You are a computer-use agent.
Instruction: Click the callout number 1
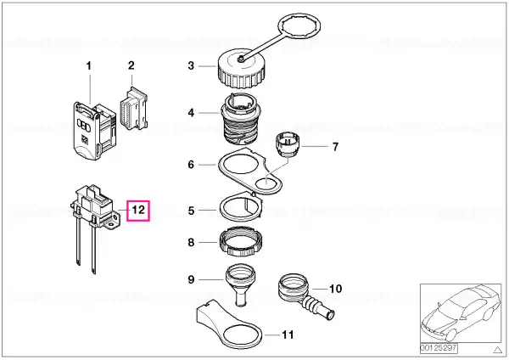tap(88, 66)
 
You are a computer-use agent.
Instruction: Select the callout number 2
tap(131, 65)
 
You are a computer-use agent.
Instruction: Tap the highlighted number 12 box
tap(138, 211)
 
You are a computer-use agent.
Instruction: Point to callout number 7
tap(335, 147)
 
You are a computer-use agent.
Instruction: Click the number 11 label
tap(288, 335)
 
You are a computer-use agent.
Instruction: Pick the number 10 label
tap(336, 289)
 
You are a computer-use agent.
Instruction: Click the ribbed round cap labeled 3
tap(242, 69)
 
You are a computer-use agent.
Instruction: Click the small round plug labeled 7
tap(288, 144)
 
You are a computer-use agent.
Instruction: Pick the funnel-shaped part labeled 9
tap(241, 284)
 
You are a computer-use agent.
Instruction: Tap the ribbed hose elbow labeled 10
tap(304, 294)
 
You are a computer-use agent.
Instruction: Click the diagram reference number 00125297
tap(439, 348)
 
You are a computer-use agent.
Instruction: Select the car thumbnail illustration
tap(461, 314)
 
